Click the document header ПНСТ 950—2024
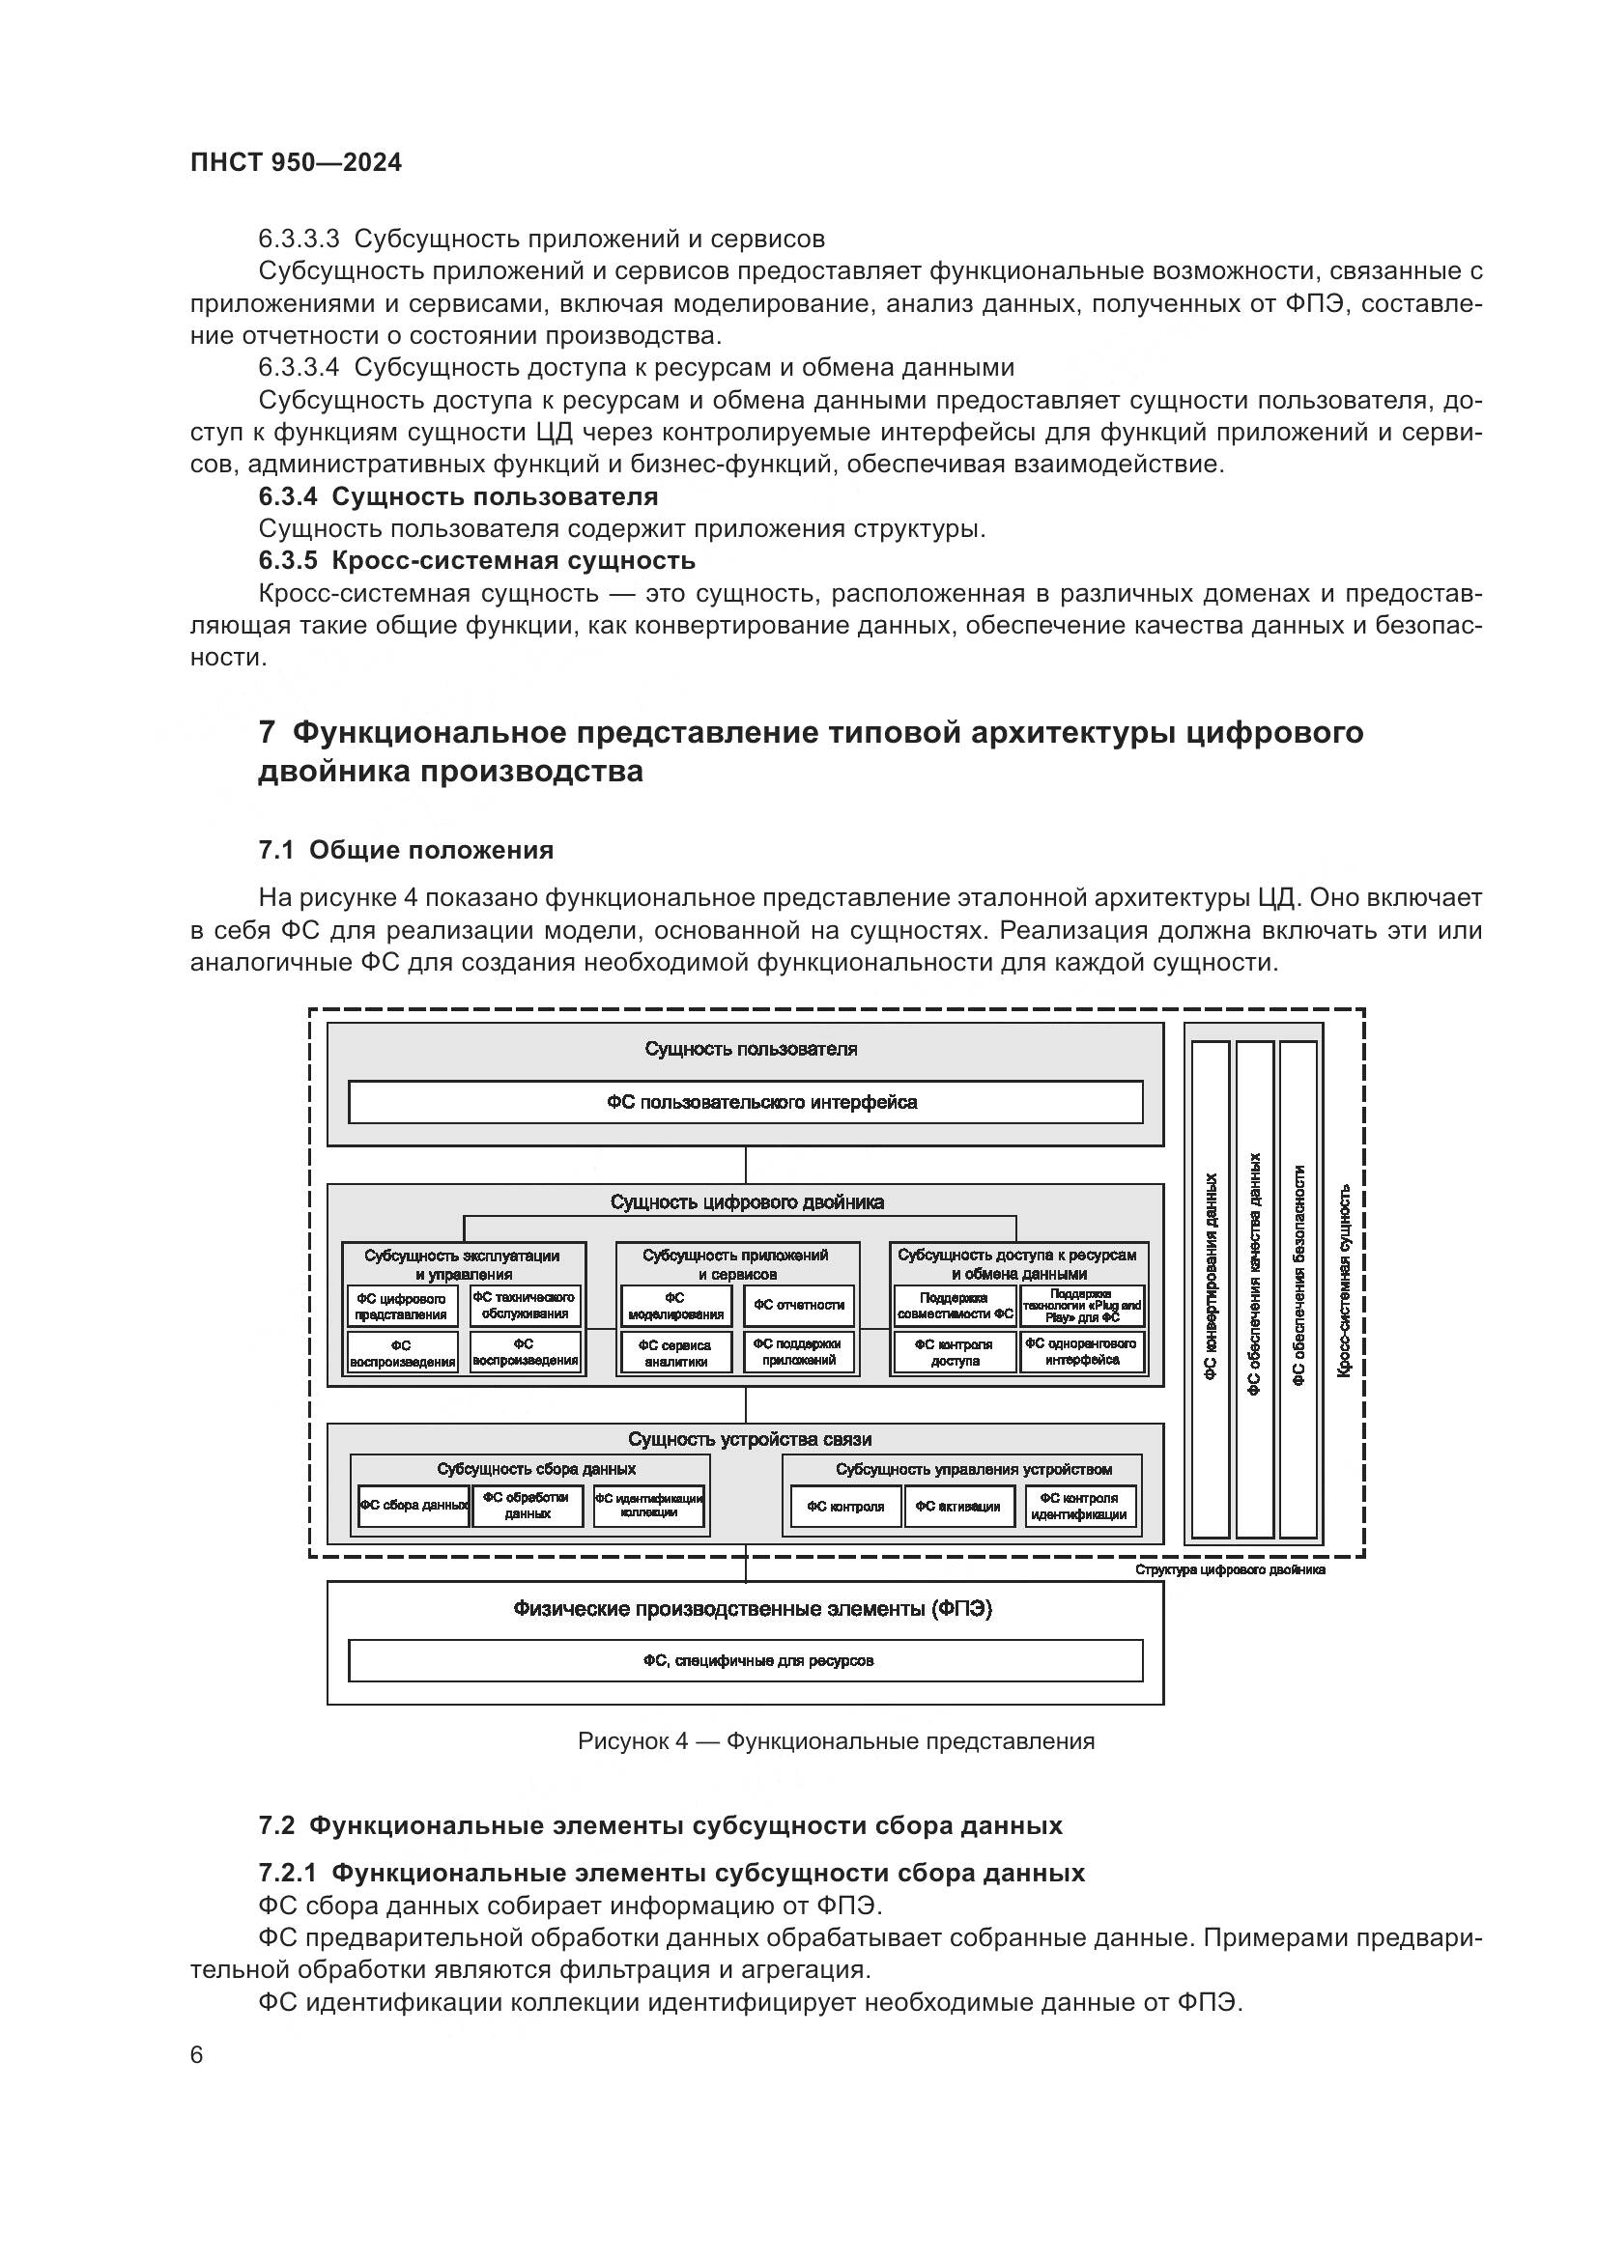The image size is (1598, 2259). pyautogui.click(x=297, y=163)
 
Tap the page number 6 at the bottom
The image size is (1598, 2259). pyautogui.click(x=197, y=2056)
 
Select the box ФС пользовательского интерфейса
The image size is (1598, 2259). pyautogui.click(x=745, y=1102)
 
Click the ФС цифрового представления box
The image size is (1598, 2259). pyautogui.click(x=402, y=1307)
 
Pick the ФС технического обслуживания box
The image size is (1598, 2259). pyautogui.click(x=525, y=1306)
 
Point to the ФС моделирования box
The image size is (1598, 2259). pyautogui.click(x=675, y=1307)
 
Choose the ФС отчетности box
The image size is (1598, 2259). pyautogui.click(x=798, y=1306)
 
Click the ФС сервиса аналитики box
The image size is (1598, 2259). pyautogui.click(x=675, y=1353)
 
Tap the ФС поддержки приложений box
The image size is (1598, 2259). pyautogui.click(x=798, y=1352)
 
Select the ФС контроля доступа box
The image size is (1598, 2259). pyautogui.click(x=954, y=1353)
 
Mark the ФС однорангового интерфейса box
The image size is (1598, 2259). pyautogui.click(x=1081, y=1352)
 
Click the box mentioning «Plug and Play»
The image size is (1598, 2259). pyautogui.click(x=1081, y=1306)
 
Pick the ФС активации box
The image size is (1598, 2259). pyautogui.click(x=958, y=1507)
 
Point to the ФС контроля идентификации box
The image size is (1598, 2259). pyautogui.click(x=1079, y=1507)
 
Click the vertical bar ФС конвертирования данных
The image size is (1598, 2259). pyautogui.click(x=1211, y=1289)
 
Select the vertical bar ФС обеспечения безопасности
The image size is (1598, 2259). pyautogui.click(x=1298, y=1289)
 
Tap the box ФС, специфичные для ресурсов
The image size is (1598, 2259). pyautogui.click(x=745, y=1661)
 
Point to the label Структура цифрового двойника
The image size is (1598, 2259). pyautogui.click(x=1230, y=1569)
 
